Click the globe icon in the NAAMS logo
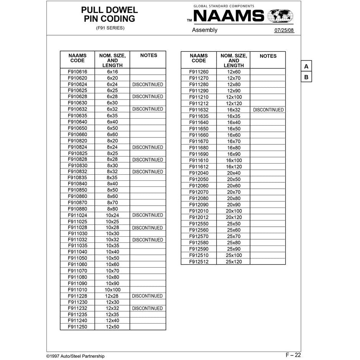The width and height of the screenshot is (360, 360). coord(280,16)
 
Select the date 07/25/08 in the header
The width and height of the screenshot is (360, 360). coord(284,31)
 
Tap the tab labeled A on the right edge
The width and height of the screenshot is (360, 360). coord(306,66)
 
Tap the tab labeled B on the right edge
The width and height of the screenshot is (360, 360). coord(306,77)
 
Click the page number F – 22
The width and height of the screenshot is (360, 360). coord(293,355)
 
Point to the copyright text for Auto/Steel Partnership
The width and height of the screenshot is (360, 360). coord(75,356)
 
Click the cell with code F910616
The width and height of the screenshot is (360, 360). coord(77,72)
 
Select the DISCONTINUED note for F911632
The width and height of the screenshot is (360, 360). coord(268,110)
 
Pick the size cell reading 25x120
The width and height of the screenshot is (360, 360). coord(234,262)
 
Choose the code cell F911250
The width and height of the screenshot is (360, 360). coord(77,327)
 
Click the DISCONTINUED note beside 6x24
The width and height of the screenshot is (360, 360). coord(147,84)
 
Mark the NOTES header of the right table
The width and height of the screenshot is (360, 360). coord(268,56)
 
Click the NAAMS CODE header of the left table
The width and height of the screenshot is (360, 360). coord(77,58)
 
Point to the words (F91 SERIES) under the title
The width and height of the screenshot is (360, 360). coord(110,28)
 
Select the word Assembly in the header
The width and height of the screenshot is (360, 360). coord(205,30)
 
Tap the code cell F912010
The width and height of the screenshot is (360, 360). coord(199,211)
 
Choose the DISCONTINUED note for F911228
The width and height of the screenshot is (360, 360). coord(147,296)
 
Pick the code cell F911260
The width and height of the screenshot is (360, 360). coord(199,72)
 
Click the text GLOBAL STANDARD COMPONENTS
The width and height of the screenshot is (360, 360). coord(224,6)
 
